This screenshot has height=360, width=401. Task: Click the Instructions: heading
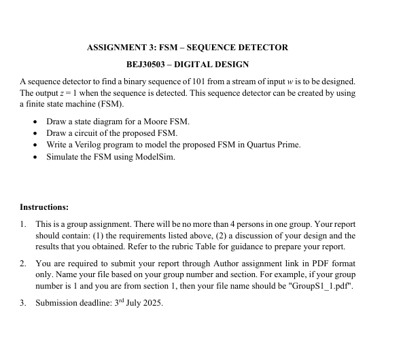[44, 207]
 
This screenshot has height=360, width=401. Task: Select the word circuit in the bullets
[88, 132]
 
